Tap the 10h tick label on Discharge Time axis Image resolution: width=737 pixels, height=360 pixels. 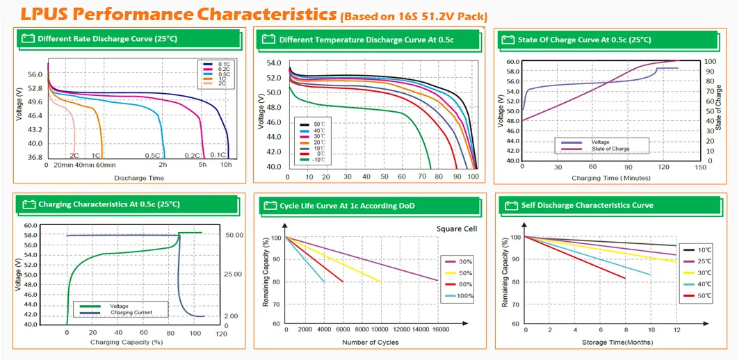click(226, 165)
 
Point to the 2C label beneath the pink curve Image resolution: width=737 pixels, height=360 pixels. click(74, 155)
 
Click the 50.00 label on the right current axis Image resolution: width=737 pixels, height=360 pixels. click(234, 235)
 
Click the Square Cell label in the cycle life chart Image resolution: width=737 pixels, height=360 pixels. click(456, 229)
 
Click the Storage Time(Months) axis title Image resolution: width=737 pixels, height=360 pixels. click(600, 343)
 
